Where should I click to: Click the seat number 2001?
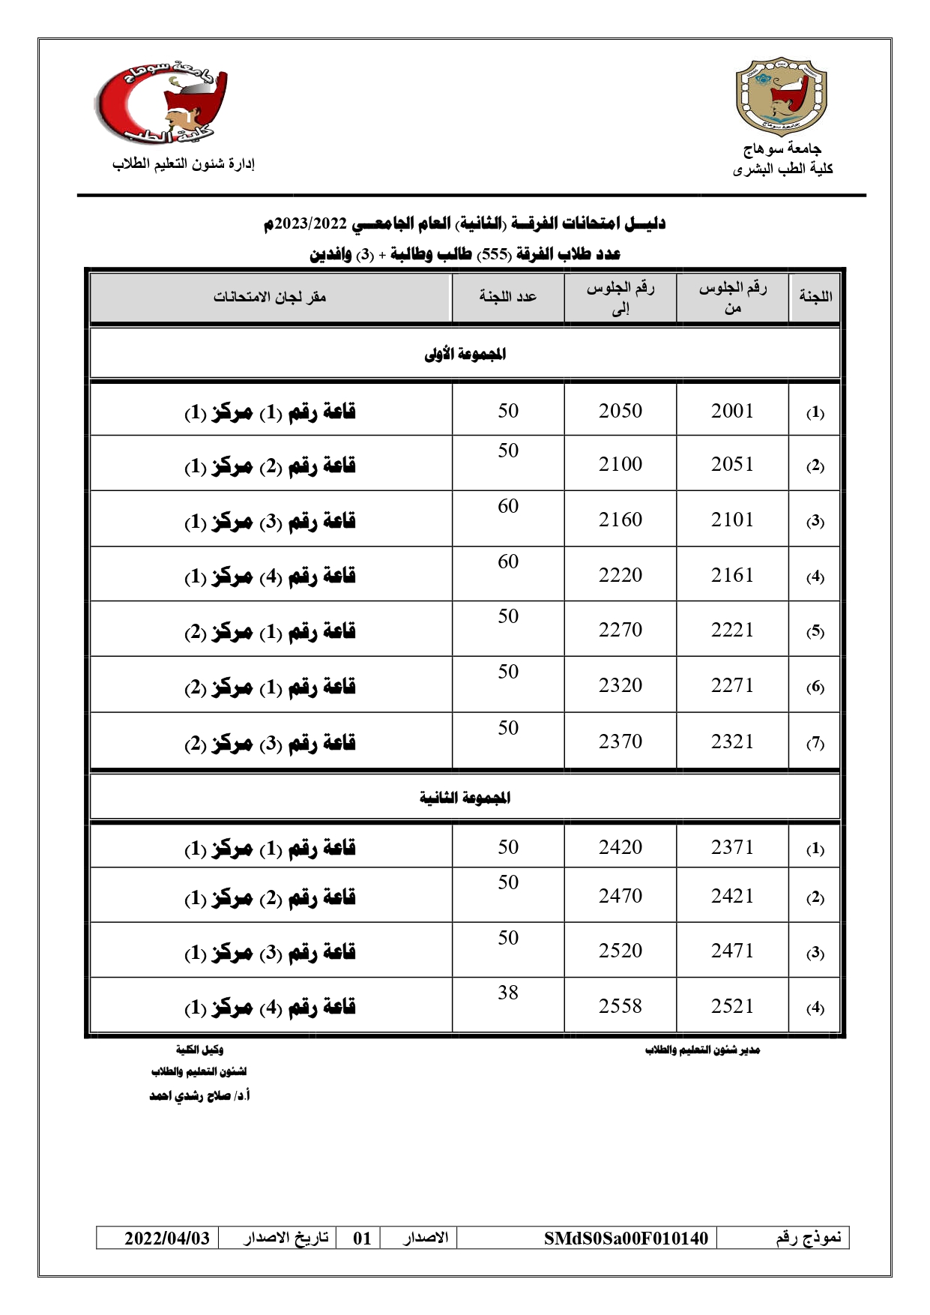[732, 411]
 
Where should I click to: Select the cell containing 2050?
[620, 411]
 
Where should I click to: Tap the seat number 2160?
[620, 520]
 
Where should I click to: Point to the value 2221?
[732, 630]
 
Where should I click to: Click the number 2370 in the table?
[620, 741]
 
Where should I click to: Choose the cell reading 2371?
[732, 847]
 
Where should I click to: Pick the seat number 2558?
[620, 1006]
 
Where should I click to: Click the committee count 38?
[508, 993]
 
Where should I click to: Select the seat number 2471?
[732, 951]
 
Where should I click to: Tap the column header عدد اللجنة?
[508, 297]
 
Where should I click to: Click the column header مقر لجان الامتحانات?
[270, 297]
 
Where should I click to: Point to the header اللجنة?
[815, 297]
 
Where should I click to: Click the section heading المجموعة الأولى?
[465, 354]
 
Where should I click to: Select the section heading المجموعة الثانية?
[465, 798]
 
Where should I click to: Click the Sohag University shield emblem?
[782, 96]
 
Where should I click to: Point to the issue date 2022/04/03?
[167, 1238]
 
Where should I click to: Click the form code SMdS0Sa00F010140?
[626, 1238]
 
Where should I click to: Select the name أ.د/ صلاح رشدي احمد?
[199, 1096]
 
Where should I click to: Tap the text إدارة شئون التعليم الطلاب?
[184, 164]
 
